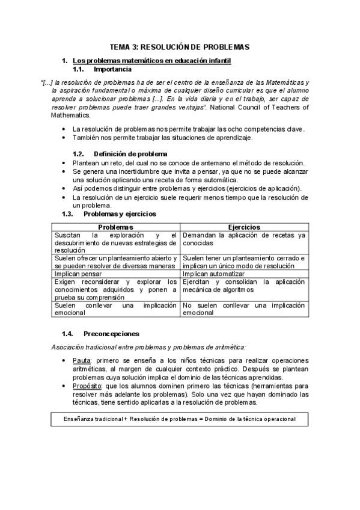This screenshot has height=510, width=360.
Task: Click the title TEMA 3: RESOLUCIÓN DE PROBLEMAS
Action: point(180,47)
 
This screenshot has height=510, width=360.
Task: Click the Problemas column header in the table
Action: point(115,227)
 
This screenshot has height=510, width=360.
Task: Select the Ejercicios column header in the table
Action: point(244,227)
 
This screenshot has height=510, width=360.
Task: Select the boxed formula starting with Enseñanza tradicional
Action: point(180,419)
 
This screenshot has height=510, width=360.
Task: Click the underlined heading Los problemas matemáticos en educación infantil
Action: point(151,61)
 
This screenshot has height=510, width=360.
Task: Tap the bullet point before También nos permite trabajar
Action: point(64,138)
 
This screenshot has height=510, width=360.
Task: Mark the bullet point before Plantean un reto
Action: point(64,163)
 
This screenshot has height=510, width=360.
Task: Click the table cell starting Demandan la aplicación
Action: point(244,239)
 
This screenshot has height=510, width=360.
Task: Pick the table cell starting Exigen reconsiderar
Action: point(115,289)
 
